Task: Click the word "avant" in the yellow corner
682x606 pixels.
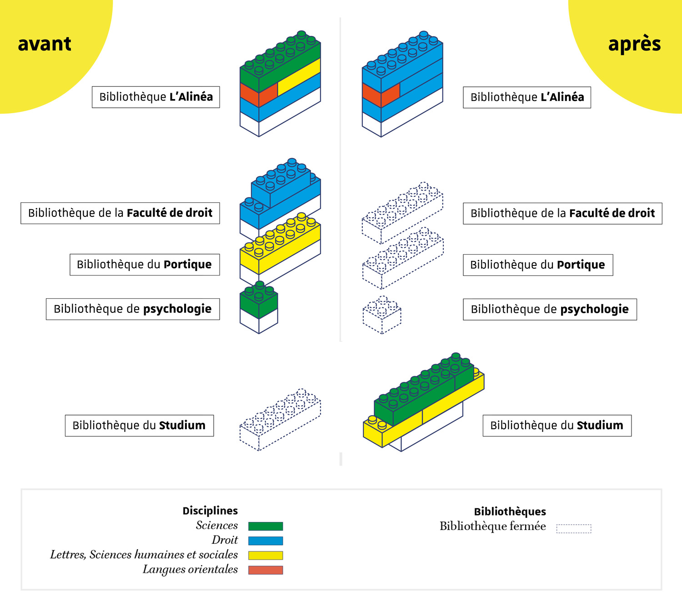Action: coord(45,44)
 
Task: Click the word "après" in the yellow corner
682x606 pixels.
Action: coord(634,44)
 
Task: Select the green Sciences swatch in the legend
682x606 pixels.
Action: coord(266,526)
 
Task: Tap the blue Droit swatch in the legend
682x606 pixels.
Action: coord(266,541)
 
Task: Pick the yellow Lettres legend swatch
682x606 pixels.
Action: coord(266,555)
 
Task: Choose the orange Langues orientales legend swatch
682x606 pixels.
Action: coord(266,570)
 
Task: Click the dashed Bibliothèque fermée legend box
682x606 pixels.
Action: coord(574,528)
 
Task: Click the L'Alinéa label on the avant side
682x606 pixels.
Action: coord(156,97)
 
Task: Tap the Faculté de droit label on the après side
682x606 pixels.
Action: coord(562,213)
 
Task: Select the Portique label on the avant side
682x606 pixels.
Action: coord(145,265)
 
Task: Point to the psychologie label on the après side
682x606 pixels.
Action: coord(550,310)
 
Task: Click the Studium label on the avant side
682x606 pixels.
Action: coord(139,426)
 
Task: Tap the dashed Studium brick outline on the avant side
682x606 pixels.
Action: coord(280,421)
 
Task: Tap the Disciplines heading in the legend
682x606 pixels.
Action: coord(210,511)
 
